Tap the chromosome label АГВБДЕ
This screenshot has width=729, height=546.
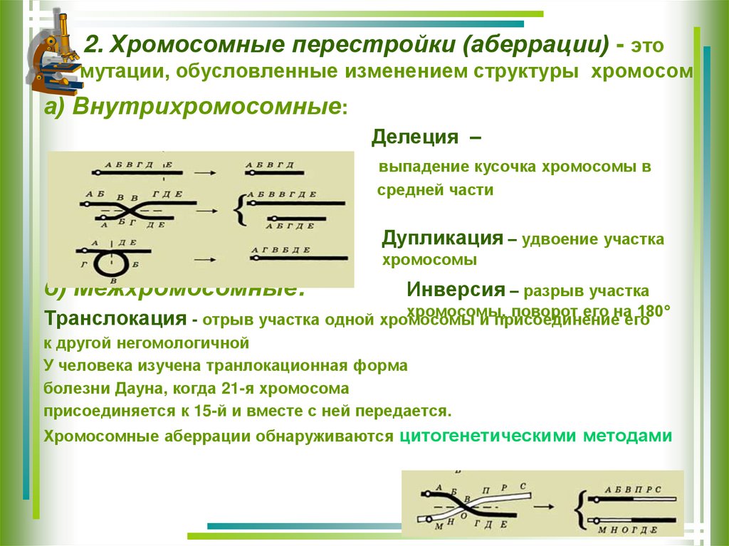pos(286,249)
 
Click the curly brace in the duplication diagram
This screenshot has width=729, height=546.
pos(241,209)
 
